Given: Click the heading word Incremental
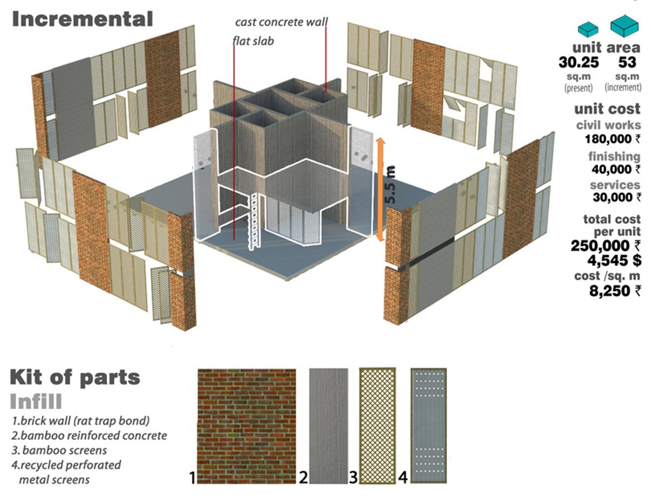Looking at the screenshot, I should (82, 20).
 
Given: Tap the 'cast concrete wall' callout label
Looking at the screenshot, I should (281, 23).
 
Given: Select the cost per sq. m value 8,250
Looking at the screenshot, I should (610, 290).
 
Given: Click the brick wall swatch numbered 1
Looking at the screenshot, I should (246, 426).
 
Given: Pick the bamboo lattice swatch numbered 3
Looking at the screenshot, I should (379, 426).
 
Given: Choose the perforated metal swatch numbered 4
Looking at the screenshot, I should (428, 426).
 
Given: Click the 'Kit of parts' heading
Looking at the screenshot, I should (75, 378).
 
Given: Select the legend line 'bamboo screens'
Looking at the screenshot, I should (60, 451).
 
